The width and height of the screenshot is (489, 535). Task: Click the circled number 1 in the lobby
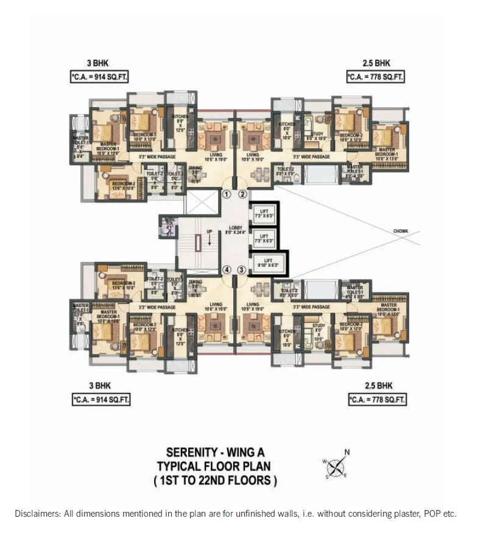pos(227,195)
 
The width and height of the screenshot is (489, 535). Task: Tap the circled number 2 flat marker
pos(242,195)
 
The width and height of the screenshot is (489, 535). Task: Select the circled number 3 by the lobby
pos(242,270)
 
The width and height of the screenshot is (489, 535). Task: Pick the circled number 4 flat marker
pos(227,270)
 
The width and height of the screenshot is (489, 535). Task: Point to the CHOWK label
pos(401,232)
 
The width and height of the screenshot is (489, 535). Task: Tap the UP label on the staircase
pos(209,232)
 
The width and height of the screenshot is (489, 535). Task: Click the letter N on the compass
pos(347,452)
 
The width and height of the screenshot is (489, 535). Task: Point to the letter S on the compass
pos(326,477)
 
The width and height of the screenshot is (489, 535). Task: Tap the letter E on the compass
pos(345,476)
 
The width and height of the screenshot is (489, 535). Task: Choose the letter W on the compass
pos(325,461)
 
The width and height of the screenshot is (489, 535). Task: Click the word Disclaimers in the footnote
pos(35,514)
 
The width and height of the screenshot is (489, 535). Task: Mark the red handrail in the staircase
pos(199,243)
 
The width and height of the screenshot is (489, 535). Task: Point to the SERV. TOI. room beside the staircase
pos(170,224)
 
